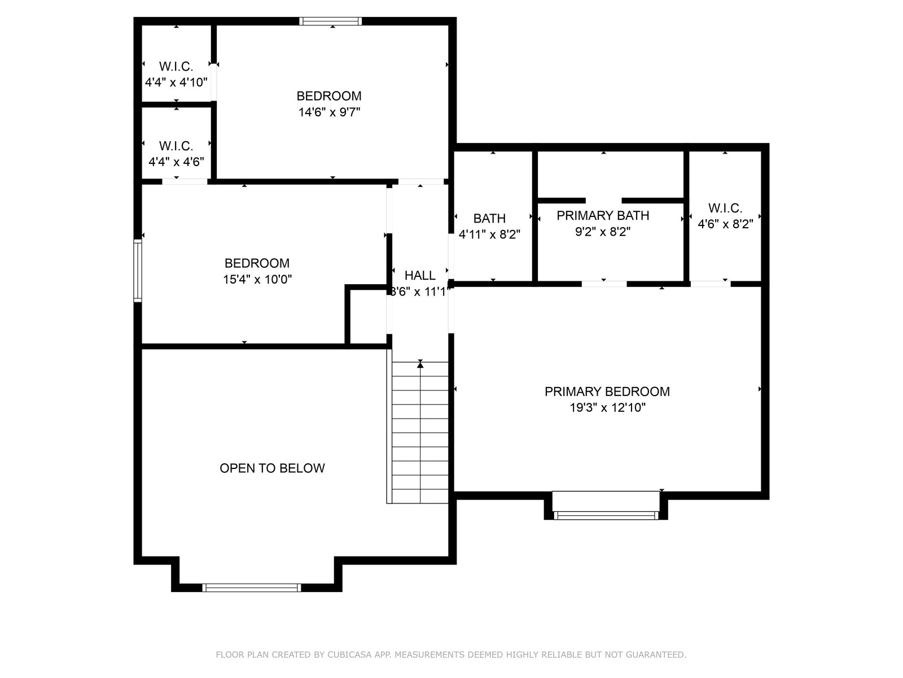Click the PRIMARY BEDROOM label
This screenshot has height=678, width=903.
[x=607, y=392]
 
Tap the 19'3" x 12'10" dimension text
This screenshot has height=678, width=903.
[x=607, y=407]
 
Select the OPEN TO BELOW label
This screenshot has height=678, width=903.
[x=272, y=468]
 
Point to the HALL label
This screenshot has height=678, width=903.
[x=420, y=275]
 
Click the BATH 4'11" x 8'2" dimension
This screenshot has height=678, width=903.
[x=489, y=234]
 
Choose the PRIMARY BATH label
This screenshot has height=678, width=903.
[x=603, y=215]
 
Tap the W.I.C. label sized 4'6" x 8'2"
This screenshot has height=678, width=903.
[x=725, y=208]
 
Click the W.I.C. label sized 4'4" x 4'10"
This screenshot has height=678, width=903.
[x=176, y=66]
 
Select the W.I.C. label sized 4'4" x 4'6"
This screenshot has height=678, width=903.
[x=176, y=146]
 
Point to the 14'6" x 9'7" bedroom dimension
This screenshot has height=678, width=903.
[x=329, y=112]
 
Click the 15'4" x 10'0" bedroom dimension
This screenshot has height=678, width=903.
[x=257, y=280]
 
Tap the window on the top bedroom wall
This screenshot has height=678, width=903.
[x=330, y=21]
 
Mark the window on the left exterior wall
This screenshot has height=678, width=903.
[x=137, y=271]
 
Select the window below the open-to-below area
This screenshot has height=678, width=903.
[x=251, y=588]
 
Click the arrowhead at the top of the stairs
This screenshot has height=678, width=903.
[x=420, y=363]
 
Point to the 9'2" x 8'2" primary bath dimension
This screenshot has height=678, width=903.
[x=603, y=232]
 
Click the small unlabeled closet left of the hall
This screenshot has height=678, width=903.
[x=369, y=316]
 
